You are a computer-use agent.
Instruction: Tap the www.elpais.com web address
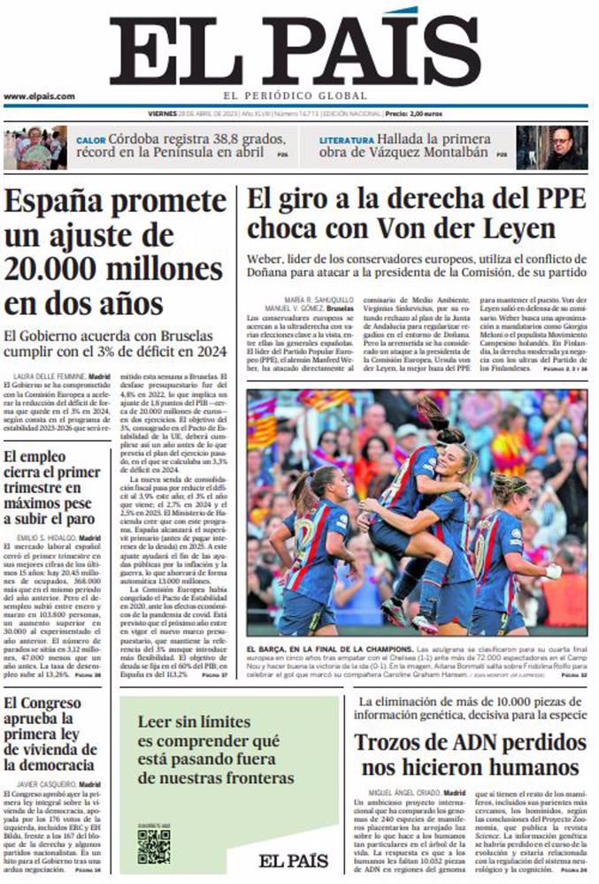click(x=39, y=96)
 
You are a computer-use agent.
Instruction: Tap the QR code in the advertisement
click(x=153, y=846)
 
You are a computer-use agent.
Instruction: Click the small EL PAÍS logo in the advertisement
click(x=293, y=860)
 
